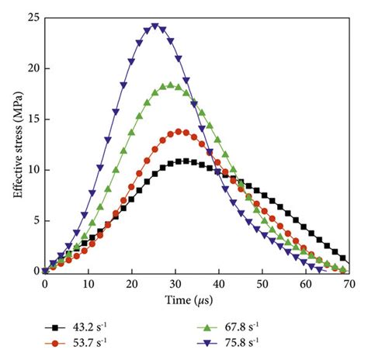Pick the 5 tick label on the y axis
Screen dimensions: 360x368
(33, 220)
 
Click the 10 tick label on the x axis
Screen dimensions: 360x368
(88, 283)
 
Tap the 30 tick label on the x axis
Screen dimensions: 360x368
(175, 283)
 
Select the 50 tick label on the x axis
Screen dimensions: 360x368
(263, 283)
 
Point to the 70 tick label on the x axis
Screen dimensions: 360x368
(351, 283)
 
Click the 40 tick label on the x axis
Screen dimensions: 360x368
(220, 283)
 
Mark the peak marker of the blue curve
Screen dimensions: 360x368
(154, 26)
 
